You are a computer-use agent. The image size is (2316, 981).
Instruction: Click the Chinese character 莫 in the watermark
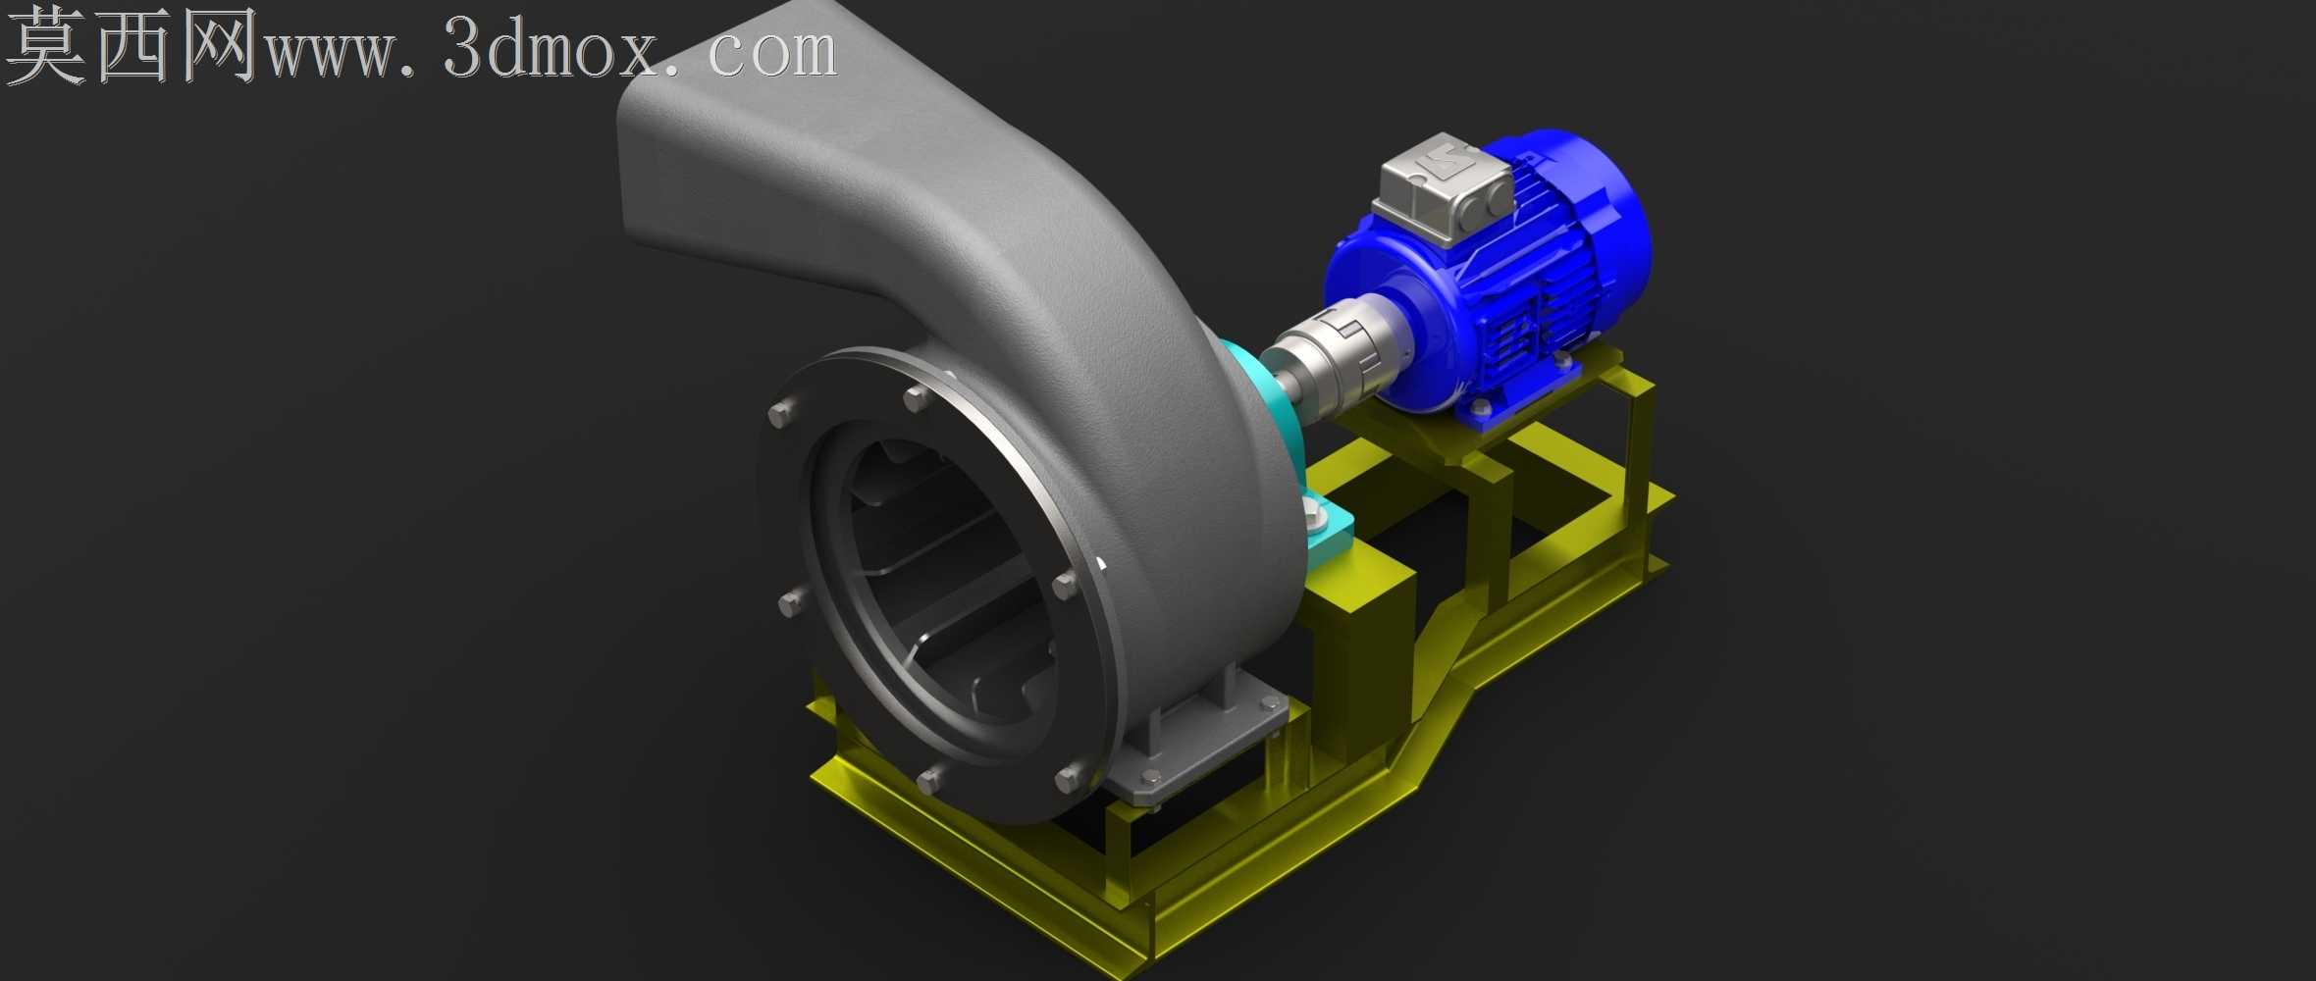point(45,46)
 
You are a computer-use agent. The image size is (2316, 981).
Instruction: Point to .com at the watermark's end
point(760,52)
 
